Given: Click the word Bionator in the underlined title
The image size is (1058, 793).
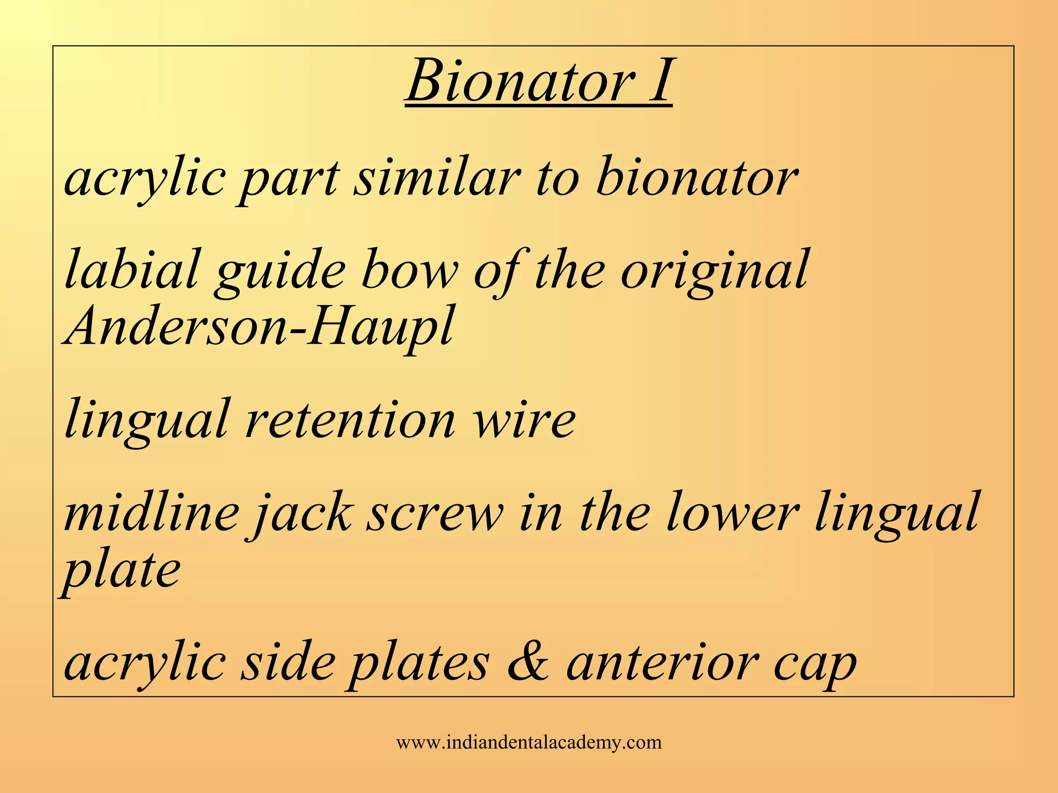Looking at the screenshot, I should click(x=521, y=82).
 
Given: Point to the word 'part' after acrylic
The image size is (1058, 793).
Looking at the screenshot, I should click(x=289, y=181).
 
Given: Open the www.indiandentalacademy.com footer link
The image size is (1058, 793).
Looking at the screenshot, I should click(x=528, y=742).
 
